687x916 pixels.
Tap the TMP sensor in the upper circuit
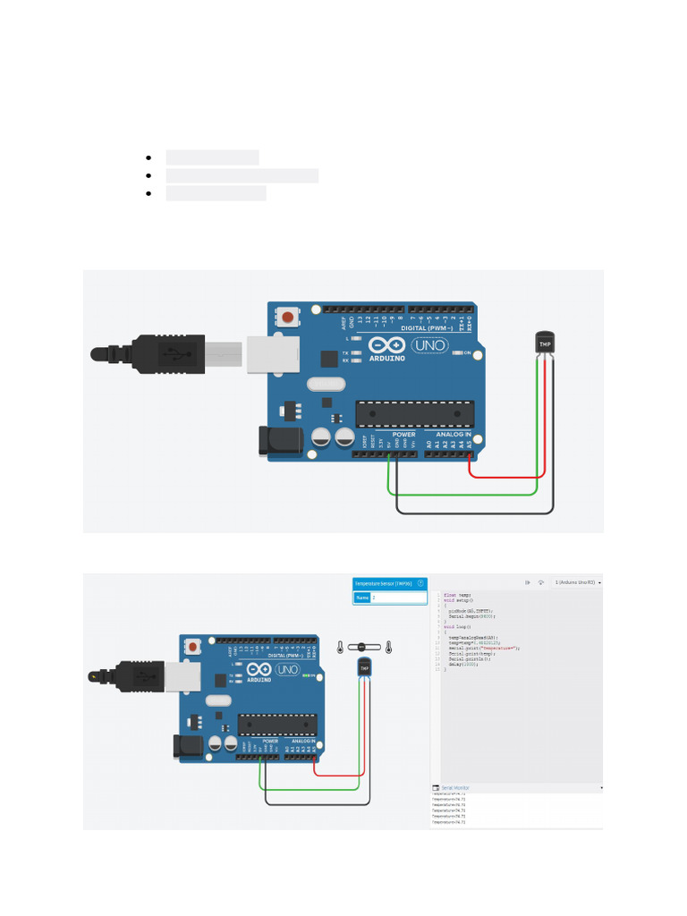click(544, 343)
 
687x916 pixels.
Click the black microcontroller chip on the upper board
click(413, 413)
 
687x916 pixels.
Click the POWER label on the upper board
click(403, 435)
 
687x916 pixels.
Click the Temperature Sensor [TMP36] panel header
click(383, 582)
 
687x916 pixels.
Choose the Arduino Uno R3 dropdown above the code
click(576, 581)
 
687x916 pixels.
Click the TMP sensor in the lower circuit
click(364, 667)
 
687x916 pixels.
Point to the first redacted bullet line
click(212, 157)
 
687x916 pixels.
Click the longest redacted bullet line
click(242, 175)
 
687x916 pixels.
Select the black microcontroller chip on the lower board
click(278, 725)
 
